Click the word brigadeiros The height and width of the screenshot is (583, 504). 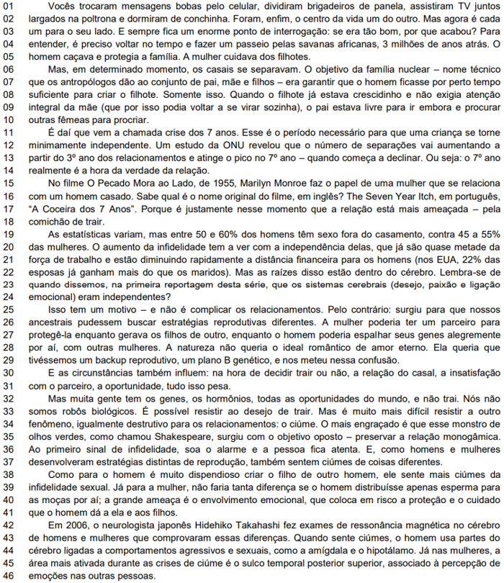(256, 8)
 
